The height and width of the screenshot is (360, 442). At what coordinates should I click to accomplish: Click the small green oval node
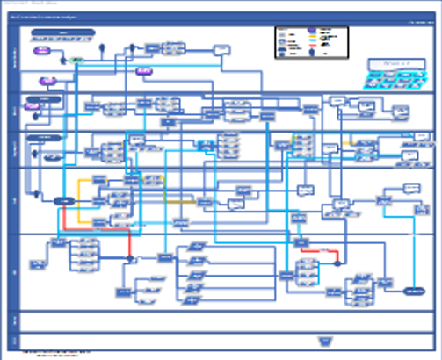click(76, 60)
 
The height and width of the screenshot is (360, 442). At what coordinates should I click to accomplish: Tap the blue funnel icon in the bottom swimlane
click(325, 341)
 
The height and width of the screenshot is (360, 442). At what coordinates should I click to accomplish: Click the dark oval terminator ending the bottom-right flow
click(414, 291)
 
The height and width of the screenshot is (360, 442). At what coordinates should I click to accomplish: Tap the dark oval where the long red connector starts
click(62, 201)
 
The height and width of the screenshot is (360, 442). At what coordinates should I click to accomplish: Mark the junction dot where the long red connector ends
click(130, 259)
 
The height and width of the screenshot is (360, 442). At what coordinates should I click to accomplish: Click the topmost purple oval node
click(41, 51)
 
